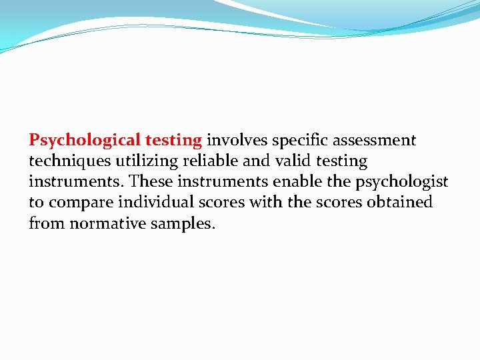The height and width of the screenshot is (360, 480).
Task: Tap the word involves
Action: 237,141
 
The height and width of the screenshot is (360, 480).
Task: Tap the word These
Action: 152,182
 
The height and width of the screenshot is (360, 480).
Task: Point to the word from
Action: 45,223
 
